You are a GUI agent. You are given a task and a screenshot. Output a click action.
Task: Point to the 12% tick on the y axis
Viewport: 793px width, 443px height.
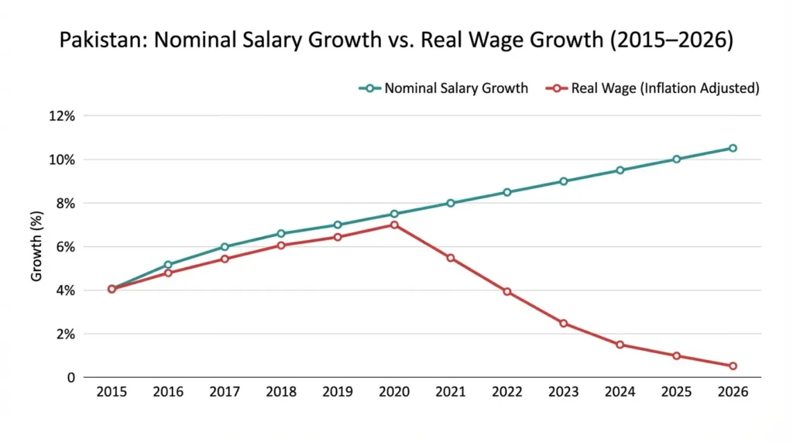[63, 116]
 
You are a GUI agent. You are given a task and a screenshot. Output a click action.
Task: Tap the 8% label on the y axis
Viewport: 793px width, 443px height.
[65, 203]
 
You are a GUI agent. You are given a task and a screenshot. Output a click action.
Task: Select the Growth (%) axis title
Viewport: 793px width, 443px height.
[36, 246]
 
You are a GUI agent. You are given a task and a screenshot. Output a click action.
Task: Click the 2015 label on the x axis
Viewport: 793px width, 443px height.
[112, 392]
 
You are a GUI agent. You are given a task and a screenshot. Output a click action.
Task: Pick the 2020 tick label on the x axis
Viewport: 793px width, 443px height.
[394, 392]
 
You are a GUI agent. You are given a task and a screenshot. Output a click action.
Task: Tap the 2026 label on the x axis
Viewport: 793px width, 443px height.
[733, 392]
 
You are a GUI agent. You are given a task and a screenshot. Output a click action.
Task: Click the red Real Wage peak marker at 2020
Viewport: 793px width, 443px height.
[394, 225]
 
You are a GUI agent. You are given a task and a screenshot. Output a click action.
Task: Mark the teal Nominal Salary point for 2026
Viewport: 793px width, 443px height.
[733, 148]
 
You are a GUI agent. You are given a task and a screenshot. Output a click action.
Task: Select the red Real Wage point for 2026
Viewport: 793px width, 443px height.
[733, 366]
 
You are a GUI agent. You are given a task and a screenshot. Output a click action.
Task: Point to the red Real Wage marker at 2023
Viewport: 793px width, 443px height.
[563, 323]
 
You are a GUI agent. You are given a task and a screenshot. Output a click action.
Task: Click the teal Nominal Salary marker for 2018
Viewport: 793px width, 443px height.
[281, 233]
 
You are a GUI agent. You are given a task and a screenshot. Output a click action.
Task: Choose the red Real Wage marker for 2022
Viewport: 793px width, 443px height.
[507, 291]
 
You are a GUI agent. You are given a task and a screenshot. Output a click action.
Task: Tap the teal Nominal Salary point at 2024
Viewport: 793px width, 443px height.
[620, 170]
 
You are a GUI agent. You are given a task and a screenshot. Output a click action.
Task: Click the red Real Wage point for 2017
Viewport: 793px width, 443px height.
[225, 259]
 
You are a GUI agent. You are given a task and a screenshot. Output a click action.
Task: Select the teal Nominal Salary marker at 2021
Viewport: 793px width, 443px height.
[451, 203]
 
